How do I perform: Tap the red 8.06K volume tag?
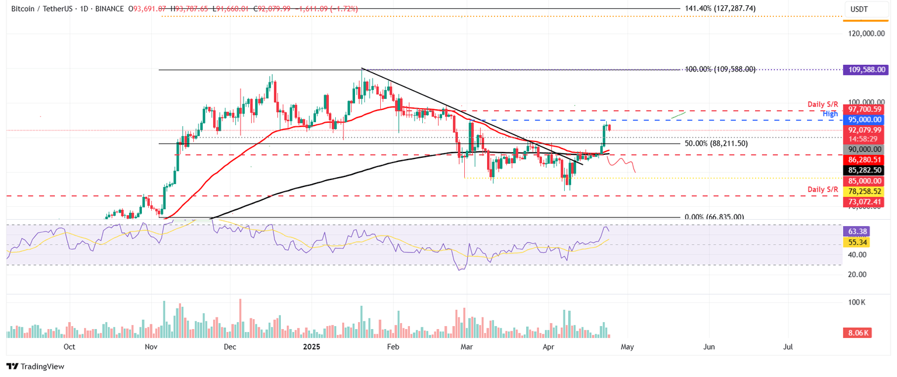[x=857, y=333]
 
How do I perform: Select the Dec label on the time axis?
[x=230, y=347]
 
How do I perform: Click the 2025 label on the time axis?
[x=311, y=347]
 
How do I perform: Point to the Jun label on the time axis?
[x=709, y=347]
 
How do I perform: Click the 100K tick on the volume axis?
[x=857, y=302]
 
